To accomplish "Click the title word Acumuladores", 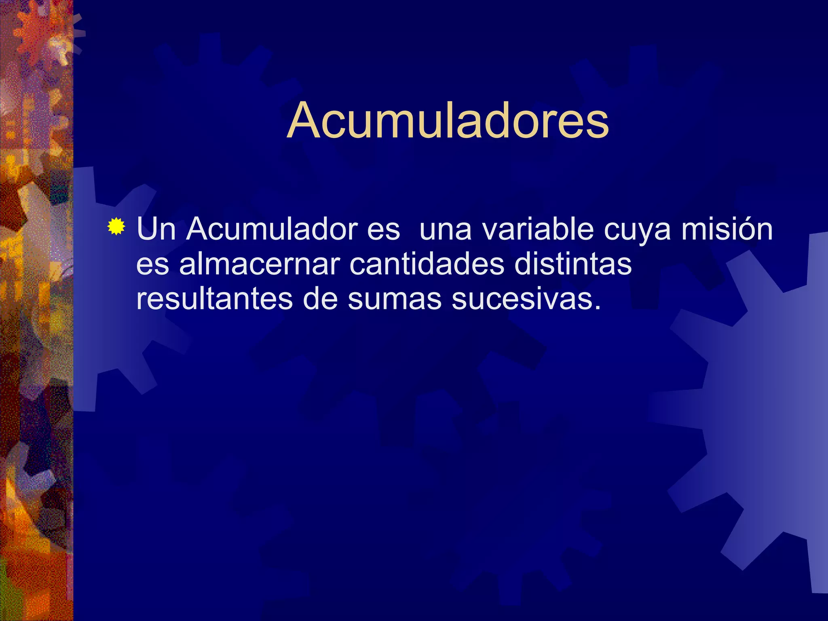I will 448,120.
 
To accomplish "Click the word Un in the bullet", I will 156,229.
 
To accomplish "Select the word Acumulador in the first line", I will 272,229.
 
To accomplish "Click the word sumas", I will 395,300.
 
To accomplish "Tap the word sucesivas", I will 522,300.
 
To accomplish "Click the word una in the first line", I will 446,230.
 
